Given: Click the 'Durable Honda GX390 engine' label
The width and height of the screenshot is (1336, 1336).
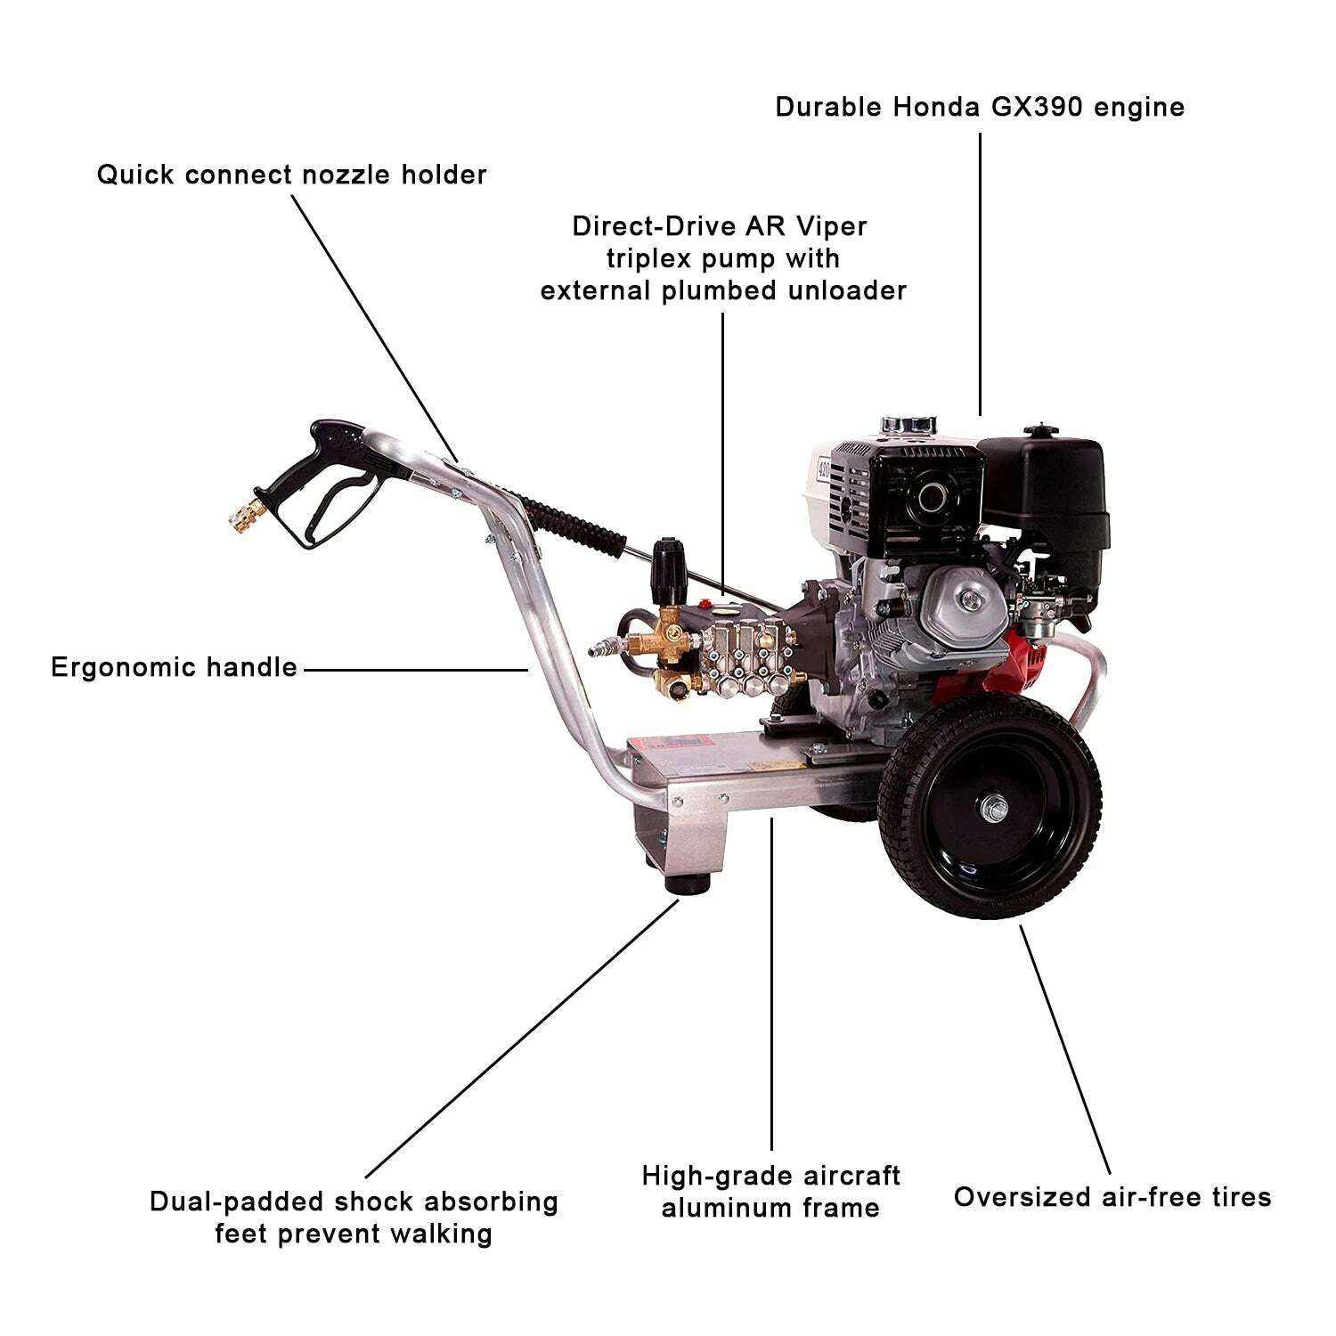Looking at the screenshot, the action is [x=979, y=107].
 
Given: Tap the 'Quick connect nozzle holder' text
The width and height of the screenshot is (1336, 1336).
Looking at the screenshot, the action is [x=291, y=175].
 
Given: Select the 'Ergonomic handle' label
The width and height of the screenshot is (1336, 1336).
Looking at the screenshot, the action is [x=174, y=667].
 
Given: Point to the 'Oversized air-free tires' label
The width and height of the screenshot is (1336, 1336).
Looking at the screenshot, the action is [x=1112, y=1196].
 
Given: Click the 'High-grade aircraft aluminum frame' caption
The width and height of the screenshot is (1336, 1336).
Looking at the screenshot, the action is [x=770, y=1192].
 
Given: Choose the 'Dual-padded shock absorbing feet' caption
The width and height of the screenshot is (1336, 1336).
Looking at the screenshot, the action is [x=354, y=1217].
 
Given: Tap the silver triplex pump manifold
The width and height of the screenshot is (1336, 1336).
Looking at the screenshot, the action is [x=739, y=655].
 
